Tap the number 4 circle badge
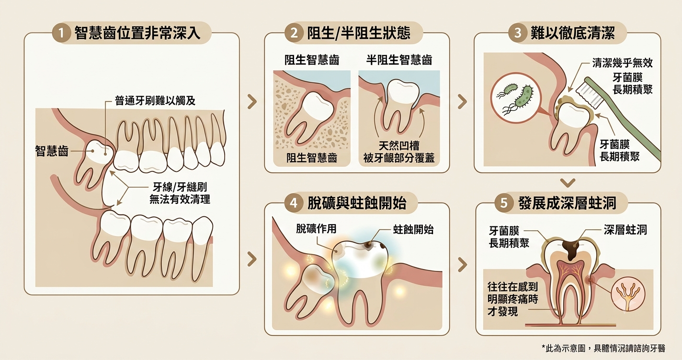pyautogui.click(x=294, y=203)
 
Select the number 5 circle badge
pyautogui.click(x=504, y=203)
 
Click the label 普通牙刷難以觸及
pyautogui.click(x=155, y=101)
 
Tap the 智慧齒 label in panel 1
pyautogui.click(x=51, y=151)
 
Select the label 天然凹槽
pyautogui.click(x=399, y=146)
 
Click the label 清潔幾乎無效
pyautogui.click(x=622, y=63)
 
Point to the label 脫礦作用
pyautogui.click(x=316, y=228)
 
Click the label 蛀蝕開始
pyautogui.click(x=413, y=229)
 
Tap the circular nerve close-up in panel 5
pyautogui.click(x=628, y=295)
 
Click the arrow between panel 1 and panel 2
pyautogui.click(x=252, y=101)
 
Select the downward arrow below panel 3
pyautogui.click(x=568, y=182)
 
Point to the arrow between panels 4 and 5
pyautogui.click(x=462, y=264)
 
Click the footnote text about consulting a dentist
pyautogui.click(x=603, y=348)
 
